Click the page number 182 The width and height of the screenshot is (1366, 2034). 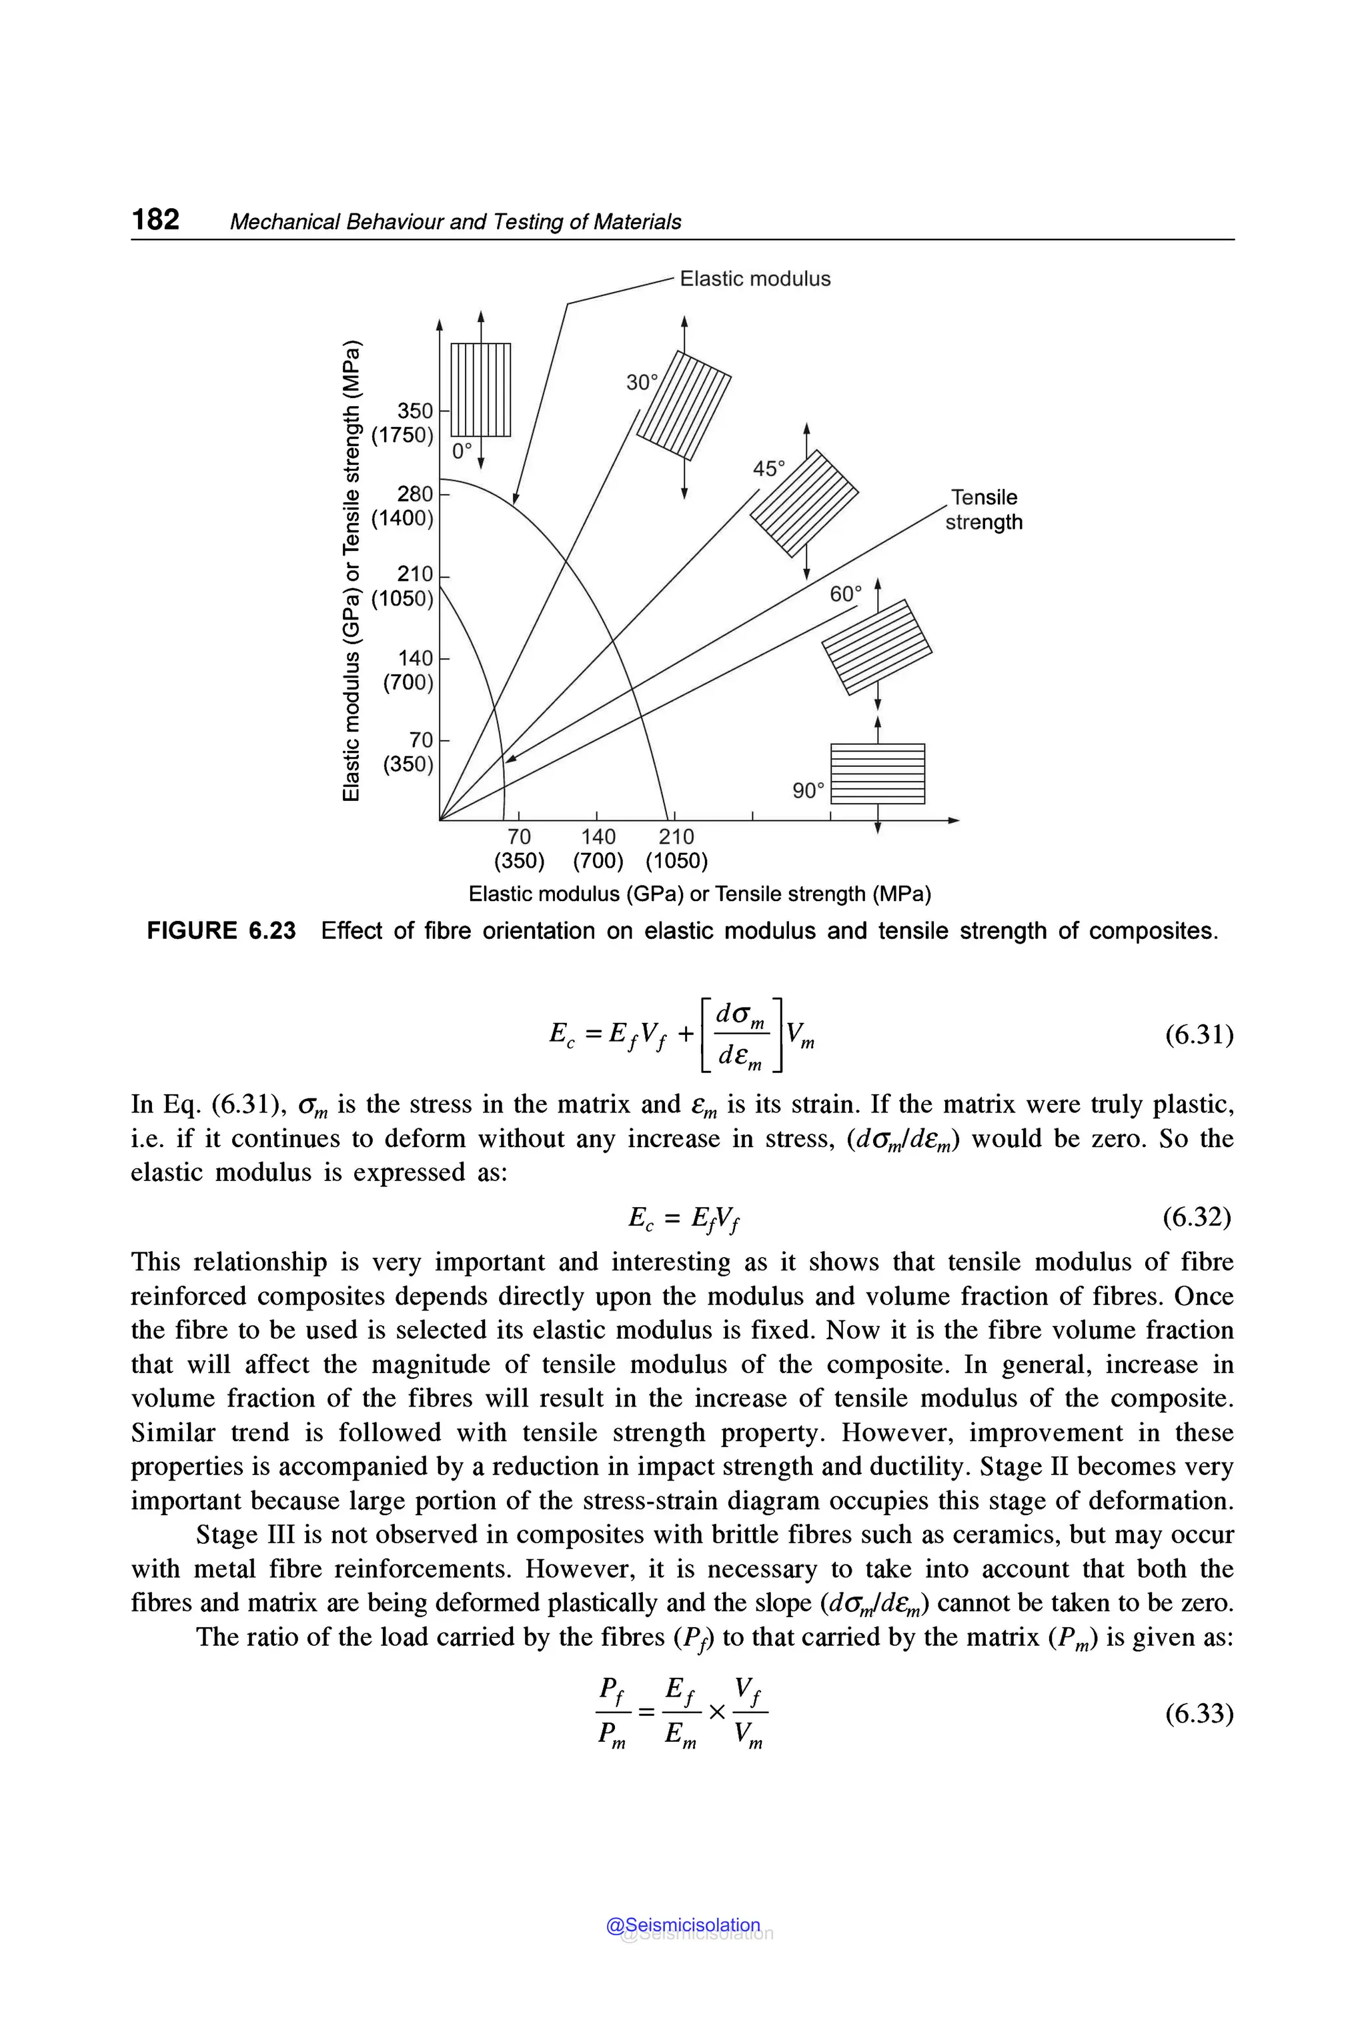(x=156, y=219)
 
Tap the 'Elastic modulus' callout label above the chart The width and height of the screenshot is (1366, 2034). (x=754, y=279)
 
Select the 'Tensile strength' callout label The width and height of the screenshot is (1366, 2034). (x=984, y=510)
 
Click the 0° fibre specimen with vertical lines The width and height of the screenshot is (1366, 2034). (x=480, y=389)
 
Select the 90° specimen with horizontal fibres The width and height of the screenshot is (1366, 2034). (x=877, y=774)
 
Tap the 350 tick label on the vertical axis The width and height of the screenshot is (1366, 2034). (x=415, y=410)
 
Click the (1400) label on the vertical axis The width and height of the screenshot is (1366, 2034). (x=402, y=518)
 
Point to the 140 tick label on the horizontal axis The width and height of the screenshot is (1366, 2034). (x=598, y=836)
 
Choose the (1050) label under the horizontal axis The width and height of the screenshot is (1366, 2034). (x=676, y=862)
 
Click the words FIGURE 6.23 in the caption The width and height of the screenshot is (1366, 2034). (x=221, y=930)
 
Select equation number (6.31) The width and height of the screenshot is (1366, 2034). (x=1199, y=1035)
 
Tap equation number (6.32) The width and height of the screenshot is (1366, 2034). (x=1197, y=1217)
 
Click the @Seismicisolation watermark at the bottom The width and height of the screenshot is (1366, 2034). (x=684, y=1925)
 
